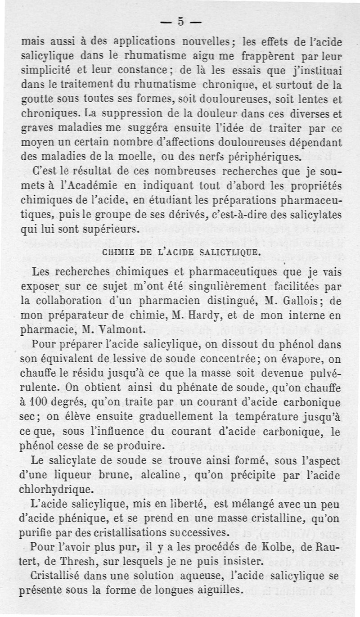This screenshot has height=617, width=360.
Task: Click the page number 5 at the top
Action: (x=181, y=21)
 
